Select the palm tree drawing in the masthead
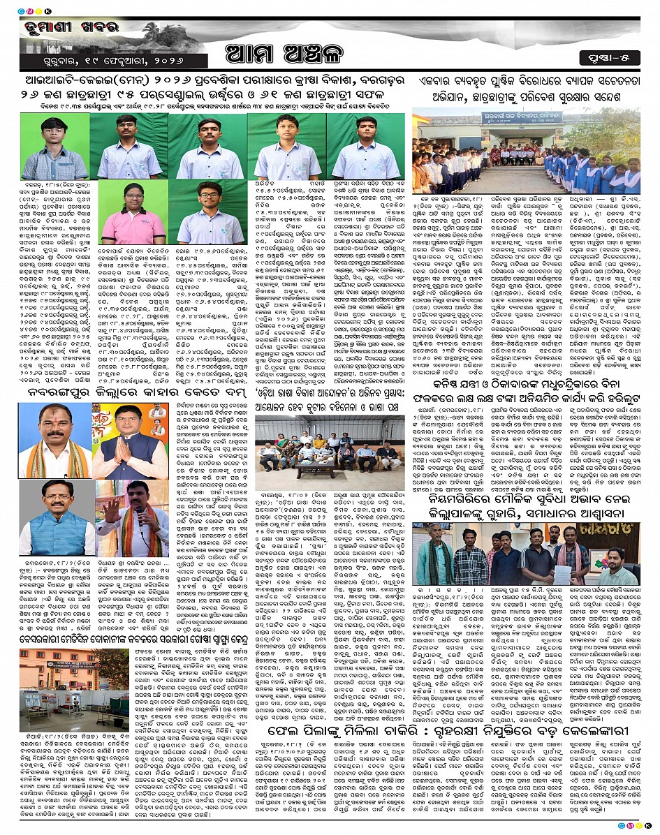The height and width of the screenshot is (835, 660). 150,31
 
